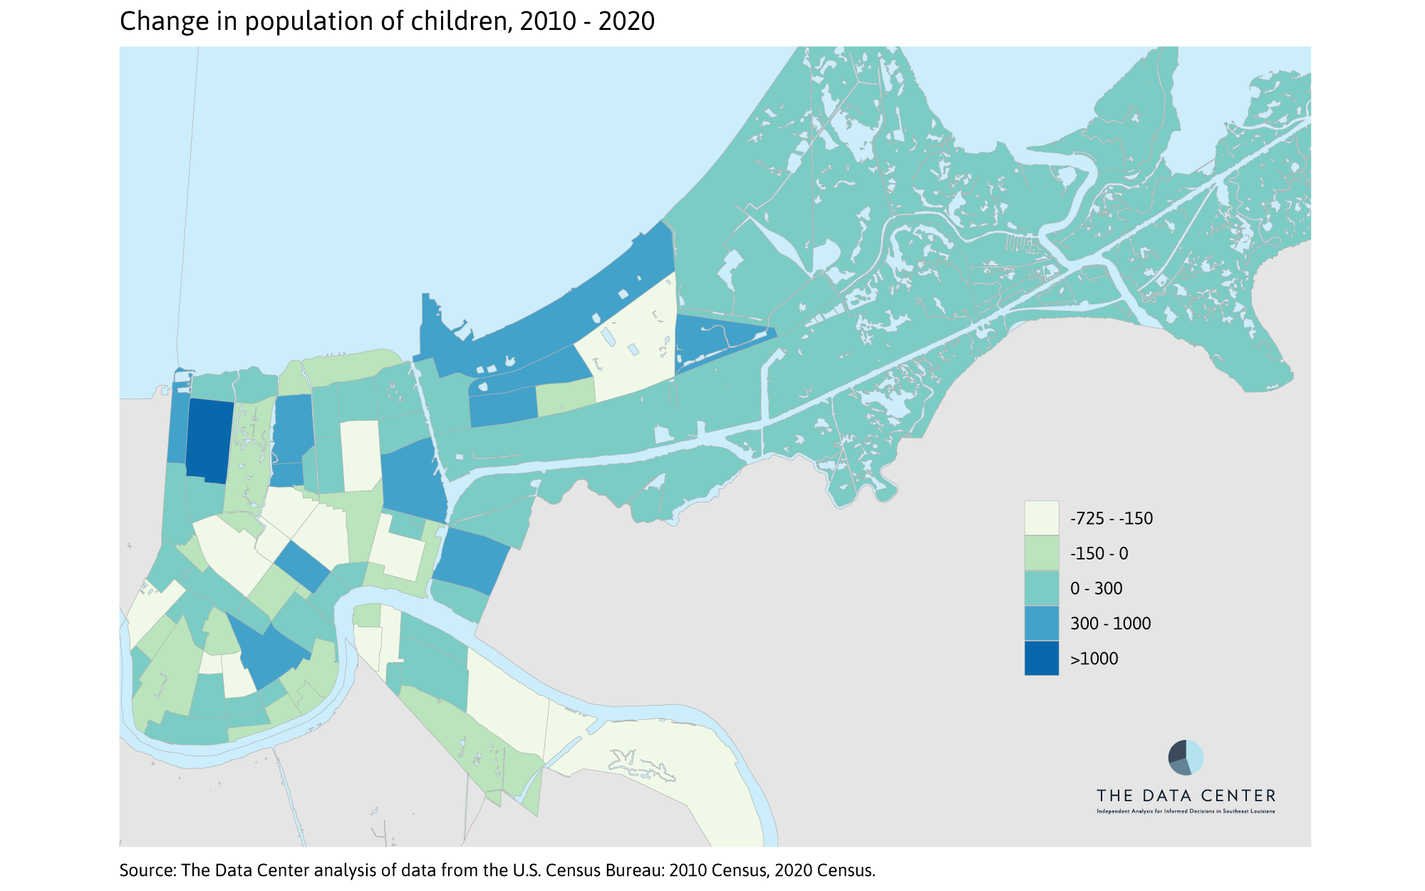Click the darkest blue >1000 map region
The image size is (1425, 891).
(209, 441)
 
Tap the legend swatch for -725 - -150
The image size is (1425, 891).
(1041, 518)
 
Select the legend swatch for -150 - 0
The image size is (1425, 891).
(1041, 553)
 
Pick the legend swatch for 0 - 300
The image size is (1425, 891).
(1041, 588)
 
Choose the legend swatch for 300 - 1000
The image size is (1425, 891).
(1041, 623)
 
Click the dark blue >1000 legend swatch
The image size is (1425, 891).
(1041, 658)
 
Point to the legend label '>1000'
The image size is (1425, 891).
(1094, 659)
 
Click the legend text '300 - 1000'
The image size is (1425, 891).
(1110, 624)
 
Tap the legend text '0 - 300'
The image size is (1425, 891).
(1096, 589)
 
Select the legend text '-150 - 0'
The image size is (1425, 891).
(1099, 554)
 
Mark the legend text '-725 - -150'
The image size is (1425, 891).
(1111, 519)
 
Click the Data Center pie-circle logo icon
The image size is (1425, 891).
(1186, 757)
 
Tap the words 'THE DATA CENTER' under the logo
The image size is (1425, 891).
(1186, 795)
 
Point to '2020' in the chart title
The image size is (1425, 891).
(626, 21)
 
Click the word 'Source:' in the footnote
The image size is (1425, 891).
(147, 870)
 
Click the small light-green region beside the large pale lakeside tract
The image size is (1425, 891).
(565, 396)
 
